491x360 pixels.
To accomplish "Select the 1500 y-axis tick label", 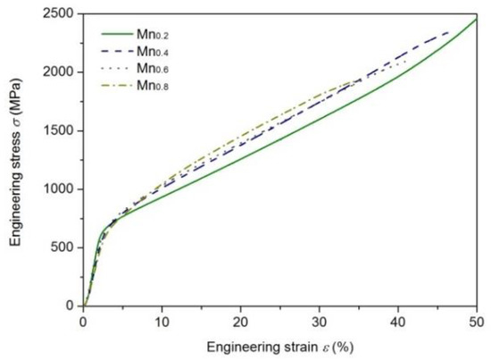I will point(62,130).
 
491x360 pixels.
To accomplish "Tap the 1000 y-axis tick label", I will point(62,189).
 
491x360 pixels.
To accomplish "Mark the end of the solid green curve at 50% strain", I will point(476,19).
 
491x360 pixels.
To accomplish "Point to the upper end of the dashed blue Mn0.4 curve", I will point(450,32).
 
